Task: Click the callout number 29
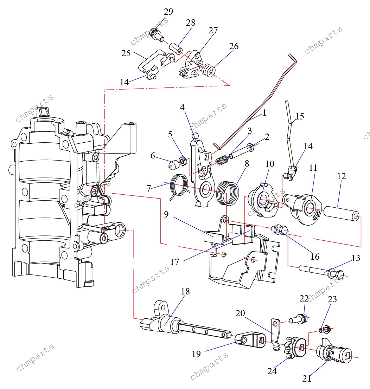168,12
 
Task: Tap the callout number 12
341,176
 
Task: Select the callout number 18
185,291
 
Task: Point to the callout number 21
307,378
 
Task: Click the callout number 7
149,188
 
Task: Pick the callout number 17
175,262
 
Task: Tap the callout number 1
264,113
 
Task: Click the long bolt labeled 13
317,271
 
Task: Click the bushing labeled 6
172,164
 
